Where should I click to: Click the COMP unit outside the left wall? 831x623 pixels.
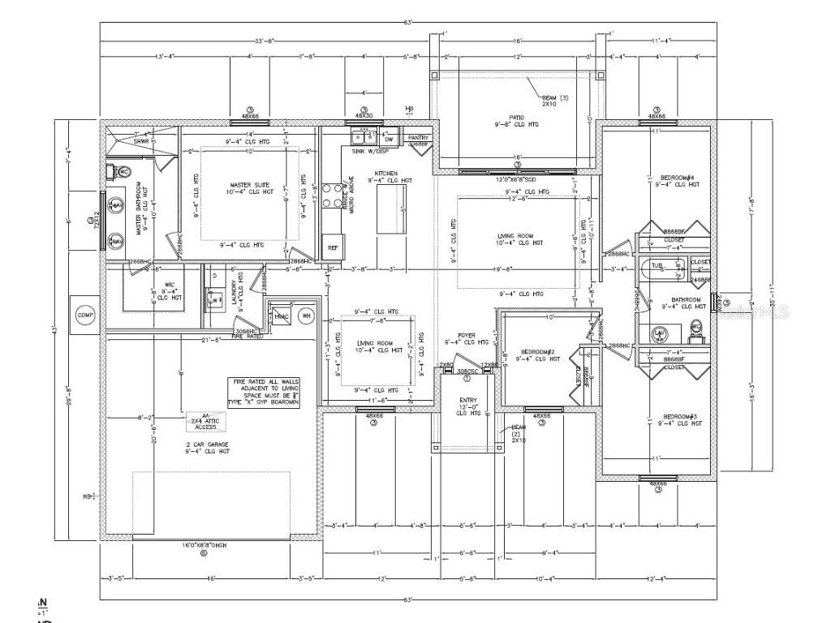click(85, 315)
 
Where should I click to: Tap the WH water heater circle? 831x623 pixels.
click(307, 316)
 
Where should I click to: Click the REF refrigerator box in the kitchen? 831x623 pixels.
click(333, 247)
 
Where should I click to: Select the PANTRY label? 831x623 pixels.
click(417, 140)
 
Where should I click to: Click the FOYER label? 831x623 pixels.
click(466, 336)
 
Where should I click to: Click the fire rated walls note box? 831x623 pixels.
click(265, 391)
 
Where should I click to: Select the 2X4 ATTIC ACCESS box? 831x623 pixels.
click(207, 421)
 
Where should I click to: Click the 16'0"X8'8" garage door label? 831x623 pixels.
click(204, 545)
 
